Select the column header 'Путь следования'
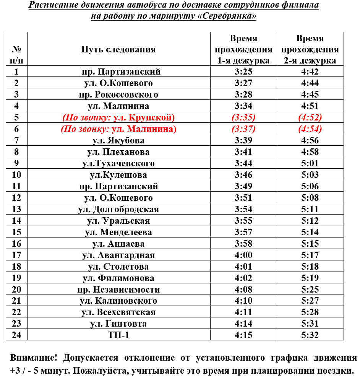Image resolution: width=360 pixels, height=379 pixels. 118,49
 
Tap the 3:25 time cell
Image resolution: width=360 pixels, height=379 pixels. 243,72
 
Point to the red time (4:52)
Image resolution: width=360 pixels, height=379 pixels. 310,117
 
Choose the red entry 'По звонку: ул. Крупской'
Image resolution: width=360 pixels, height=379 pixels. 118,117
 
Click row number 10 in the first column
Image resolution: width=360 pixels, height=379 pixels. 16,175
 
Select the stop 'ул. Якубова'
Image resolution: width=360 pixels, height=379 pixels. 118,140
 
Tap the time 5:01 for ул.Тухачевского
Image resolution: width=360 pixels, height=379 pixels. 310,163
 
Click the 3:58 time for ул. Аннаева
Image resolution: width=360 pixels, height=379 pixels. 243,244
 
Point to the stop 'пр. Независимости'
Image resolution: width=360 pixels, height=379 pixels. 118,290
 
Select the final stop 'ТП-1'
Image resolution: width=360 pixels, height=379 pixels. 118,335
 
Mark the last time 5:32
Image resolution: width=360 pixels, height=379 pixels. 310,335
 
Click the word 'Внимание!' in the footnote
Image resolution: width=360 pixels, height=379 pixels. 34,358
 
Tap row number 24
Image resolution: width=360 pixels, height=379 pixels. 16,335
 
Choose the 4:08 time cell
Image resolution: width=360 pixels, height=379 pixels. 243,290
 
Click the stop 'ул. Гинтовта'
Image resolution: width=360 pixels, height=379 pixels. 118,324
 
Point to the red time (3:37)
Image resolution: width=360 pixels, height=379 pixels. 243,129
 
